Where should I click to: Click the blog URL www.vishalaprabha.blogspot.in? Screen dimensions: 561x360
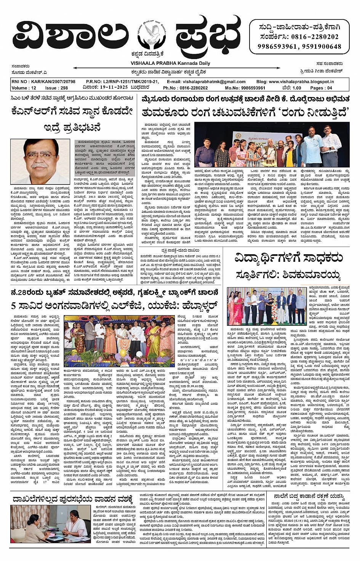(301, 82)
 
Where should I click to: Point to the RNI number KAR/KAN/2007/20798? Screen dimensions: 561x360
(43, 82)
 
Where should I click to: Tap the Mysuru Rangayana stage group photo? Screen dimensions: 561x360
(272, 144)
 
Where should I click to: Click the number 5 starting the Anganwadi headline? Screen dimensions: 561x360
(14, 305)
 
